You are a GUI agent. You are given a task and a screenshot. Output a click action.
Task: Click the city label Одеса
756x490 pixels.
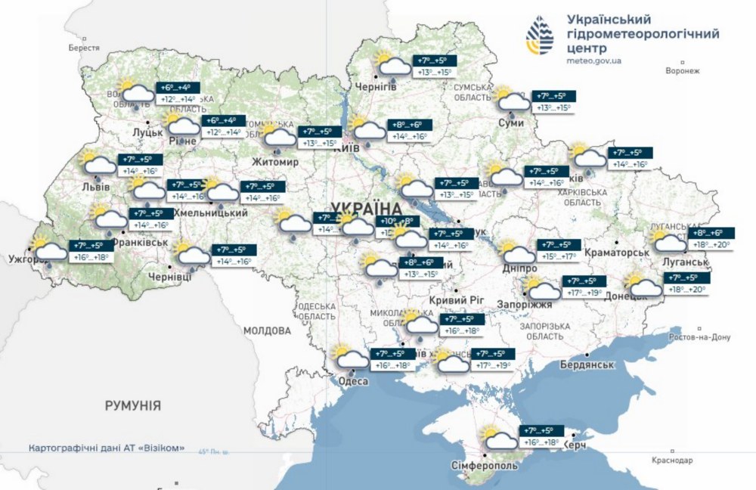click(x=353, y=381)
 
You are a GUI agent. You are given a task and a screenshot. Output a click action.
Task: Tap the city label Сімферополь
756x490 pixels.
click(x=484, y=466)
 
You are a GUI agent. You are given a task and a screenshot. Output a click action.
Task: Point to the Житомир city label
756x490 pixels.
click(x=278, y=162)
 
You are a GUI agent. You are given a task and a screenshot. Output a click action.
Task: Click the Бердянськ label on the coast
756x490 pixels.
click(x=585, y=364)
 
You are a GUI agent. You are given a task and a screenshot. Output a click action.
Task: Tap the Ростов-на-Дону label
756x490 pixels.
click(x=702, y=337)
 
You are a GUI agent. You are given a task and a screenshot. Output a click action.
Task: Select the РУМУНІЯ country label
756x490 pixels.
click(x=134, y=406)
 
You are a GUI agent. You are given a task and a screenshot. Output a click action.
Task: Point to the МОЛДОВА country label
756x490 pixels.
click(x=267, y=331)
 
